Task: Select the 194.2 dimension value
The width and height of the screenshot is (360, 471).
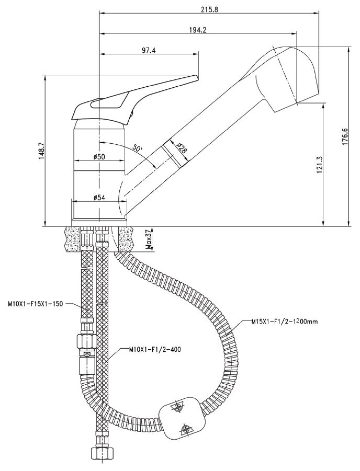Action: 198,30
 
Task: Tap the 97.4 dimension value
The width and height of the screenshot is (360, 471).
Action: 149,51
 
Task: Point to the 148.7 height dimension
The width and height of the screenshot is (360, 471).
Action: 41,151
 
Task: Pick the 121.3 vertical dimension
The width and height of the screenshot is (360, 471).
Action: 320,164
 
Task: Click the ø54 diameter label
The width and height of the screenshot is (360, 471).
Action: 99,197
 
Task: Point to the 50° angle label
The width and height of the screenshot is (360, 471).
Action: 137,148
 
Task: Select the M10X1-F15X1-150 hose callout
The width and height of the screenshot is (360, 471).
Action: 36,304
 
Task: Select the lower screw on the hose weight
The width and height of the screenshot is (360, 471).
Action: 186,430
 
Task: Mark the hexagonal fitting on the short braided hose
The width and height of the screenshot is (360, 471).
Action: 86,341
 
